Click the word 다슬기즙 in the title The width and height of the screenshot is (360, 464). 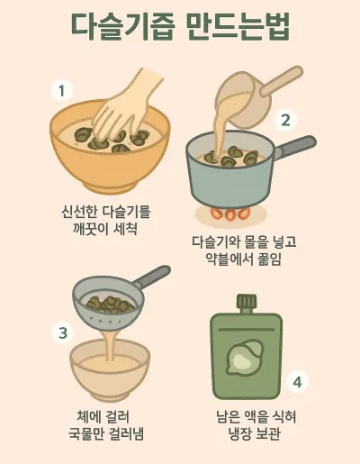pos(123,26)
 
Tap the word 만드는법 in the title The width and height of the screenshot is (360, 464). pos(239,26)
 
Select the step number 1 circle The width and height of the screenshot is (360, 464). pos(62,90)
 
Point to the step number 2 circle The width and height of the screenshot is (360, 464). pos(285,120)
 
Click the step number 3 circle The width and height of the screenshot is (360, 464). pos(63,332)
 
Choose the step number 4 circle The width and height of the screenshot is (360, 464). pos(297,382)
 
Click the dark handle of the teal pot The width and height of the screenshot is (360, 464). pos(294,147)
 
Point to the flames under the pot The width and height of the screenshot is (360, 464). pos(230,214)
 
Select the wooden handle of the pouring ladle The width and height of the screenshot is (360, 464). pos(282,80)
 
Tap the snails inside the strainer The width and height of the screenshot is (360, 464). pos(110,304)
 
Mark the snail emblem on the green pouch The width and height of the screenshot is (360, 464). pos(245,358)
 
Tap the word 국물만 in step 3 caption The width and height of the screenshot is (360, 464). pos(86,433)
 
